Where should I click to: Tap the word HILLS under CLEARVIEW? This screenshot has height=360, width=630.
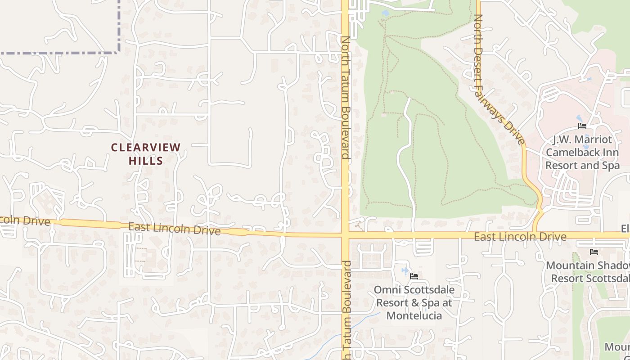click(146, 160)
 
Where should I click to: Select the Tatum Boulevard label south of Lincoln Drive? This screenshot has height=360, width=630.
click(346, 310)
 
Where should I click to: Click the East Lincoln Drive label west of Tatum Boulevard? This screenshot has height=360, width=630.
click(174, 229)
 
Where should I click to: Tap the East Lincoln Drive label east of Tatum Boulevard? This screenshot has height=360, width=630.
click(520, 237)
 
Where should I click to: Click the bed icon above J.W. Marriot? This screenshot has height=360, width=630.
click(582, 126)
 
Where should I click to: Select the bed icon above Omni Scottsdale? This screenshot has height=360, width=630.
click(414, 276)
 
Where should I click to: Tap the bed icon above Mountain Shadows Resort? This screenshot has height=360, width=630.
click(594, 252)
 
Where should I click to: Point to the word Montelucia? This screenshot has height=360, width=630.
click(414, 316)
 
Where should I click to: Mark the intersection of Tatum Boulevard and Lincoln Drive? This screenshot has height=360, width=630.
click(346, 235)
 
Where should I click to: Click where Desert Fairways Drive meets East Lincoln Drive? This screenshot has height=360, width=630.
click(535, 234)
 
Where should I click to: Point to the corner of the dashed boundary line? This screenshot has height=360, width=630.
click(119, 53)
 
